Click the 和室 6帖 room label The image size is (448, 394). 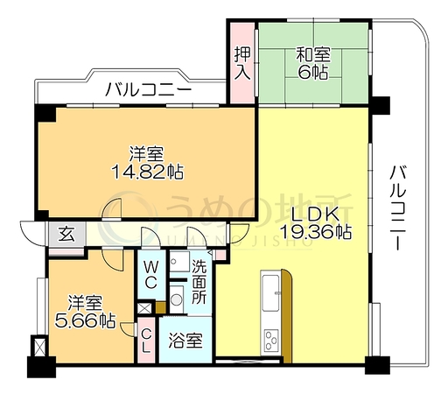point(313,63)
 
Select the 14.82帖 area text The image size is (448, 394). point(148,172)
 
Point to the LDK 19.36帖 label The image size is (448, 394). point(316,222)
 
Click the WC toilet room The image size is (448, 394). point(151,275)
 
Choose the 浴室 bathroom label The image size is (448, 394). point(185,341)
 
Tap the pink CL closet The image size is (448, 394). point(146,340)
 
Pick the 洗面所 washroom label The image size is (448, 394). point(199,281)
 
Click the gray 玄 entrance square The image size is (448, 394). point(67,234)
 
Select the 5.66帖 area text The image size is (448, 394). point(85,321)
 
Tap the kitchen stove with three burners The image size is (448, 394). point(271,340)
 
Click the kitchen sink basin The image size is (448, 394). point(270,292)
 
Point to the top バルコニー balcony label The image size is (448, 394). point(148,89)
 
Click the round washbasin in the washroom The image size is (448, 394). point(176,299)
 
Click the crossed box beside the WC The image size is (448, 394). point(144,308)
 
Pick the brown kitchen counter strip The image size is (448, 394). point(286,316)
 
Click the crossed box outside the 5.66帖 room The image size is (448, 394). point(39,346)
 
